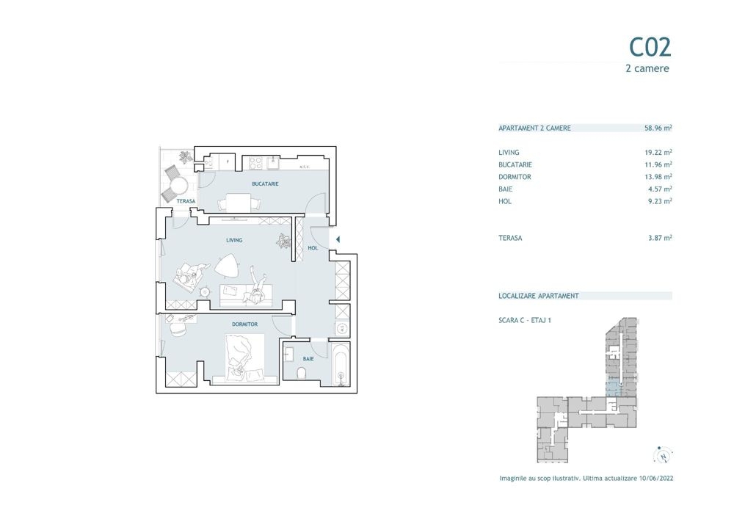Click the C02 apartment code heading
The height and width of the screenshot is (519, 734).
(650, 47)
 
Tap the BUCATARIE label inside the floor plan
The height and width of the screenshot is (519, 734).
(265, 184)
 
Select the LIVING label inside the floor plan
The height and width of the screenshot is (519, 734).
(234, 240)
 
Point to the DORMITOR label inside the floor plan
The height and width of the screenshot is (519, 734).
(244, 324)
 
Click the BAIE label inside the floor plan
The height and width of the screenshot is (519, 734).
(308, 359)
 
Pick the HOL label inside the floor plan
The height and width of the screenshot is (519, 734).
(313, 248)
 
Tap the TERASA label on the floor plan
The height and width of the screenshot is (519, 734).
(186, 201)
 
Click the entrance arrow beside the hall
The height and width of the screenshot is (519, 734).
(338, 239)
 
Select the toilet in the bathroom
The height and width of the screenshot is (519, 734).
(302, 373)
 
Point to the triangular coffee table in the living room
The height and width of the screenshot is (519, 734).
(228, 266)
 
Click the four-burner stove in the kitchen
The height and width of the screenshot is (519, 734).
(255, 163)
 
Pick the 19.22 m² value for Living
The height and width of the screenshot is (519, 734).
(658, 152)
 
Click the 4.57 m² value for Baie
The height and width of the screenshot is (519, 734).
(660, 189)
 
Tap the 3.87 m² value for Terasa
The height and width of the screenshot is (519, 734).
(660, 238)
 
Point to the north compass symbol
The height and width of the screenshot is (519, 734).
(663, 455)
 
